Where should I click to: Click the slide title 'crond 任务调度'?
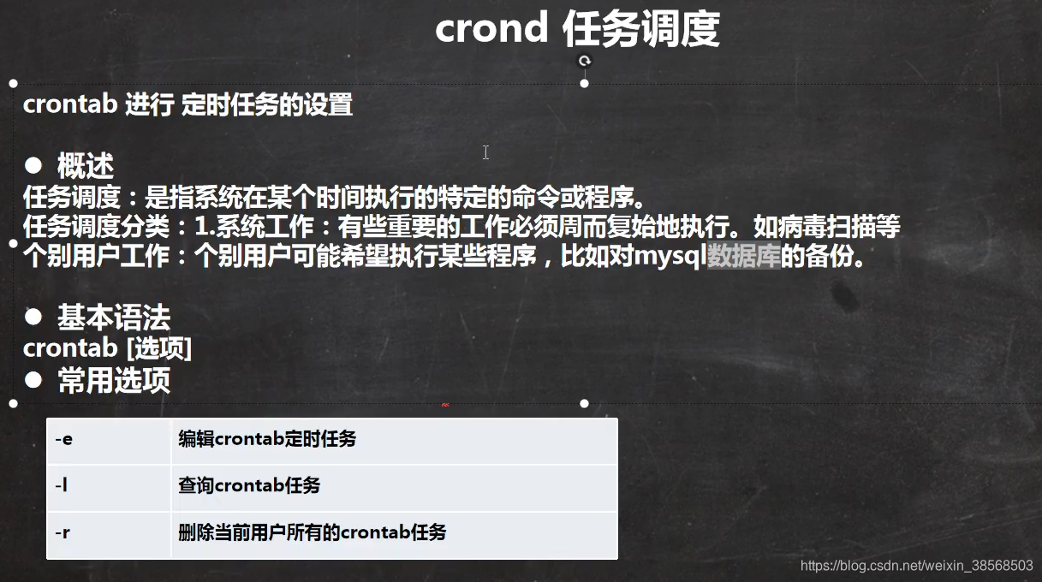point(577,30)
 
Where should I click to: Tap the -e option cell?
point(109,440)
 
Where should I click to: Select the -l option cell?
point(109,486)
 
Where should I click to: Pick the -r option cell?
point(109,533)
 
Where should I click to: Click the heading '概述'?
point(85,165)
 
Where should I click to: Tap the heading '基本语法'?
point(113,318)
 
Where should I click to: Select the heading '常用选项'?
point(113,380)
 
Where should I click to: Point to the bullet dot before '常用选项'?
point(33,378)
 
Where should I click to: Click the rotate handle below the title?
point(585,61)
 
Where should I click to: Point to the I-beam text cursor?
point(485,152)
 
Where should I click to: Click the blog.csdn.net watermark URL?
point(916,566)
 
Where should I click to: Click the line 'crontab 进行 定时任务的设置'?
point(188,105)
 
